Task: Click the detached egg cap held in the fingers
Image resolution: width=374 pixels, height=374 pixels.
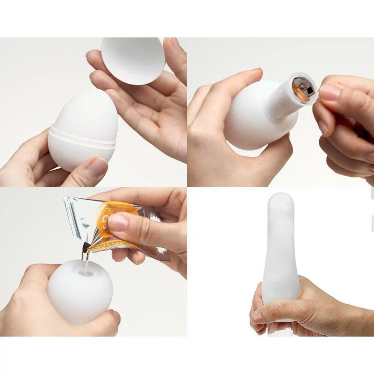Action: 133,60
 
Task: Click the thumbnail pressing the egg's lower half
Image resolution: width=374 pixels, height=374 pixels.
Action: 98,166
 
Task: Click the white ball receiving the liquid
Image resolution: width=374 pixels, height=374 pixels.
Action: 79,295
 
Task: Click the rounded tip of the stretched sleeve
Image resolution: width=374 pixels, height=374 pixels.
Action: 281,201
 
